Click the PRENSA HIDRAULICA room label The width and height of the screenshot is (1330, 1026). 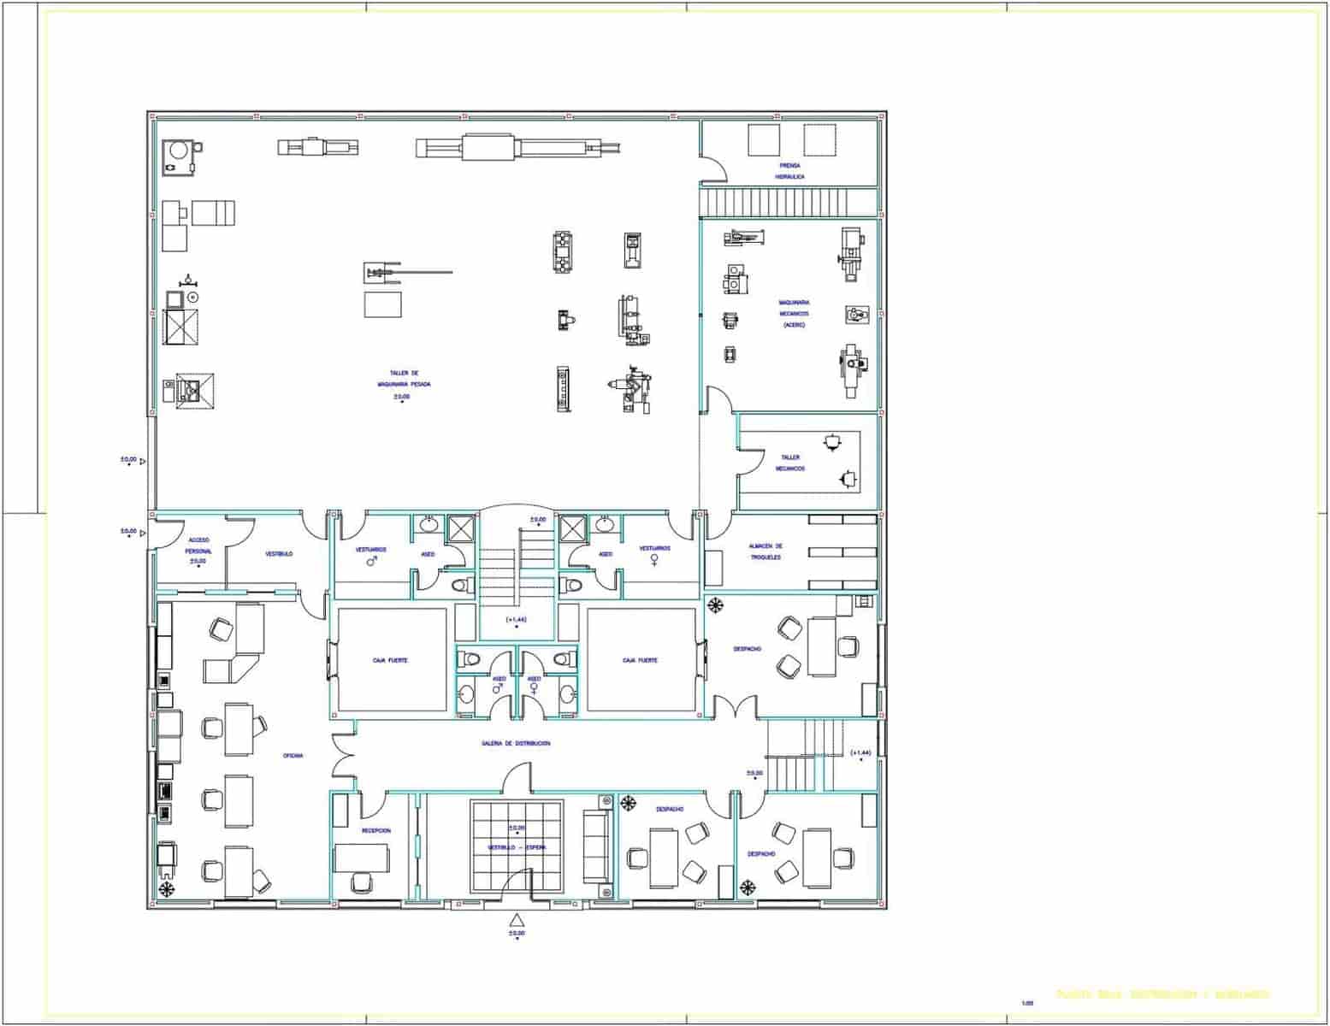789,171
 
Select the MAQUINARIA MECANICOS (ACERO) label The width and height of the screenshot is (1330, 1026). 794,313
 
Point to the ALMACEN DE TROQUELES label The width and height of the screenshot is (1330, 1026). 765,551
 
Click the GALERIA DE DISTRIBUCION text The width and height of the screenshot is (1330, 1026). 515,744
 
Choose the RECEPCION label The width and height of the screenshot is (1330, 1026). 375,830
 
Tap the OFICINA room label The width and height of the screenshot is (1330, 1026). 293,756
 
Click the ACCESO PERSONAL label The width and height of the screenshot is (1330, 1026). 198,545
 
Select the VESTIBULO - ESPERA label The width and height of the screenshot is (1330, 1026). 517,846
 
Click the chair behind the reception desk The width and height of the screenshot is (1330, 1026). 361,881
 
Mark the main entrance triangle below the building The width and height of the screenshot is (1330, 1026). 516,920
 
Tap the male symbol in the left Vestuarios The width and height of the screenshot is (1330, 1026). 372,562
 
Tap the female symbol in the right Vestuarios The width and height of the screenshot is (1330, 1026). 654,562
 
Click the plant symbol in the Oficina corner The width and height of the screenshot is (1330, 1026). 165,889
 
